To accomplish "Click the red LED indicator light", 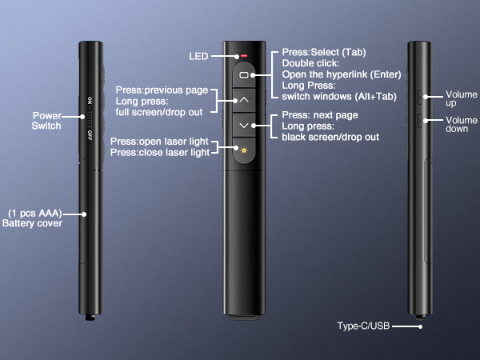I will (244, 57).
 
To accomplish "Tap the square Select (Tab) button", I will (244, 74).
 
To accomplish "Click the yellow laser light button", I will (244, 149).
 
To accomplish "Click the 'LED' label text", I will (198, 56).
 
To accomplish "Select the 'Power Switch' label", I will (46, 121).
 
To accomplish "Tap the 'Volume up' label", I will (462, 99).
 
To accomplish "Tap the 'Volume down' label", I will (462, 125).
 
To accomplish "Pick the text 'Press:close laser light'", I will (160, 152).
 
